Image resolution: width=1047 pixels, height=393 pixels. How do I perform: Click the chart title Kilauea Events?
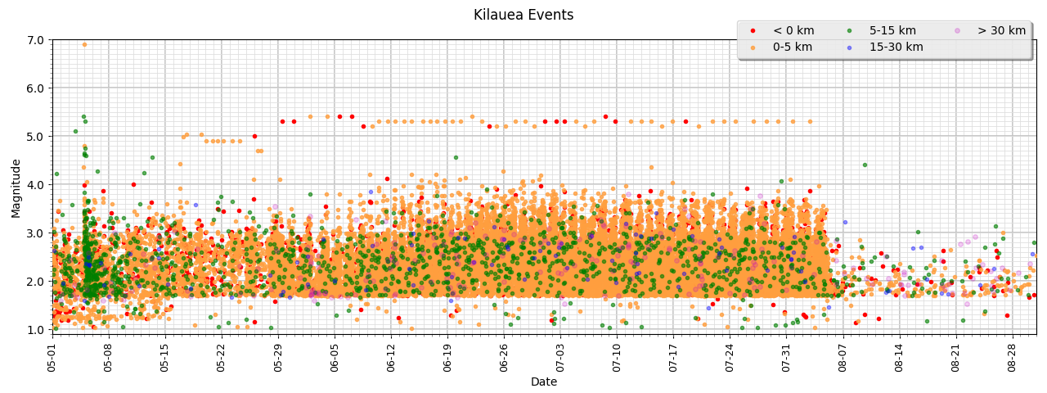tap(523, 15)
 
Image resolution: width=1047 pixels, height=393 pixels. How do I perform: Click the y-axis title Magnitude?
tap(16, 188)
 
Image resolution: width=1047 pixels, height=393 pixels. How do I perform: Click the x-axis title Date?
tap(544, 382)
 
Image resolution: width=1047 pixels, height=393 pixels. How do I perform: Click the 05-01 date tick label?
tap(52, 357)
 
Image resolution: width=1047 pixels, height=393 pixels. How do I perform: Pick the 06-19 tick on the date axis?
tap(447, 357)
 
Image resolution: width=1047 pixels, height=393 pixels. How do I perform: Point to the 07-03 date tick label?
tap(560, 357)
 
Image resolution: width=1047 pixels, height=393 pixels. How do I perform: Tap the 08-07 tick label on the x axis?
tap(843, 357)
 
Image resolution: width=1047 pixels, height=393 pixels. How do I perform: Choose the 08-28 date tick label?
tap(1012, 357)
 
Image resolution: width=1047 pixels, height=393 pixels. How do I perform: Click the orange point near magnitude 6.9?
tap(84, 44)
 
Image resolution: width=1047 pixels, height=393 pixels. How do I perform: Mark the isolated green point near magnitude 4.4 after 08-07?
tap(865, 165)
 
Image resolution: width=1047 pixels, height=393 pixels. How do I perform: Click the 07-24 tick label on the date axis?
tap(730, 357)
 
